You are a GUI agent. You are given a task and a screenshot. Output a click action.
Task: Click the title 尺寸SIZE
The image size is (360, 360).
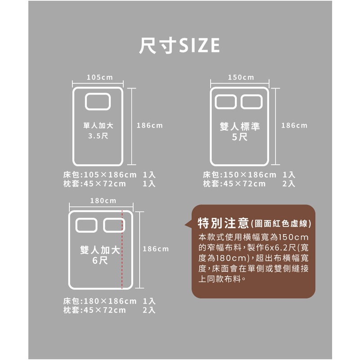point(179,45)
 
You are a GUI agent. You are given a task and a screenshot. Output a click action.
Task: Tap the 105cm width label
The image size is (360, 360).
point(100,77)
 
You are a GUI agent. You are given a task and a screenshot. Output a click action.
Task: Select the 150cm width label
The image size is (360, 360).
point(241,77)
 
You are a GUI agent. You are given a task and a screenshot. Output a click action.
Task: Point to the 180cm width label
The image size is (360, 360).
point(103,201)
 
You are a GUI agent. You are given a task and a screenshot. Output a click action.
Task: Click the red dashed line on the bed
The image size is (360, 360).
point(122,249)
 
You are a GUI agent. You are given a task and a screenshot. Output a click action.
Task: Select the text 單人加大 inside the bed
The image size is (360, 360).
point(98,126)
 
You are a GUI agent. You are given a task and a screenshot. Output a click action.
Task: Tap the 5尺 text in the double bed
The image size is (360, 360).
point(240,137)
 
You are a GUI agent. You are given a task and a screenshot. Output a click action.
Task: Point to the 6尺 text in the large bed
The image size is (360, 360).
point(100,261)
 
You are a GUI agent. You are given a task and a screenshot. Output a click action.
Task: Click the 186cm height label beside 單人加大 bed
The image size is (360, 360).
point(150,126)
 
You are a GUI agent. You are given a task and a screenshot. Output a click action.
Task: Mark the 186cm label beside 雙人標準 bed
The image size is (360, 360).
point(294,126)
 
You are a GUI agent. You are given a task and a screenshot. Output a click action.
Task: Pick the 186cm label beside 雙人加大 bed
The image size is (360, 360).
point(156,249)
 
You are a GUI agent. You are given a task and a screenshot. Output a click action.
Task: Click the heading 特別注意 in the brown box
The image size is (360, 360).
point(223,223)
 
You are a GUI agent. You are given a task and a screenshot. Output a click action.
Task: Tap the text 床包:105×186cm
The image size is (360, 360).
point(100,175)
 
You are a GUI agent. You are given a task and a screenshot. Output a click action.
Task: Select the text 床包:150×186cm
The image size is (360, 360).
point(239,175)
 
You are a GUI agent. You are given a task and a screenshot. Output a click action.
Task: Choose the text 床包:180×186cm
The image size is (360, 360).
point(100,301)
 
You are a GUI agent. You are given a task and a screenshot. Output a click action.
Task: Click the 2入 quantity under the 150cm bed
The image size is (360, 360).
point(289,184)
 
